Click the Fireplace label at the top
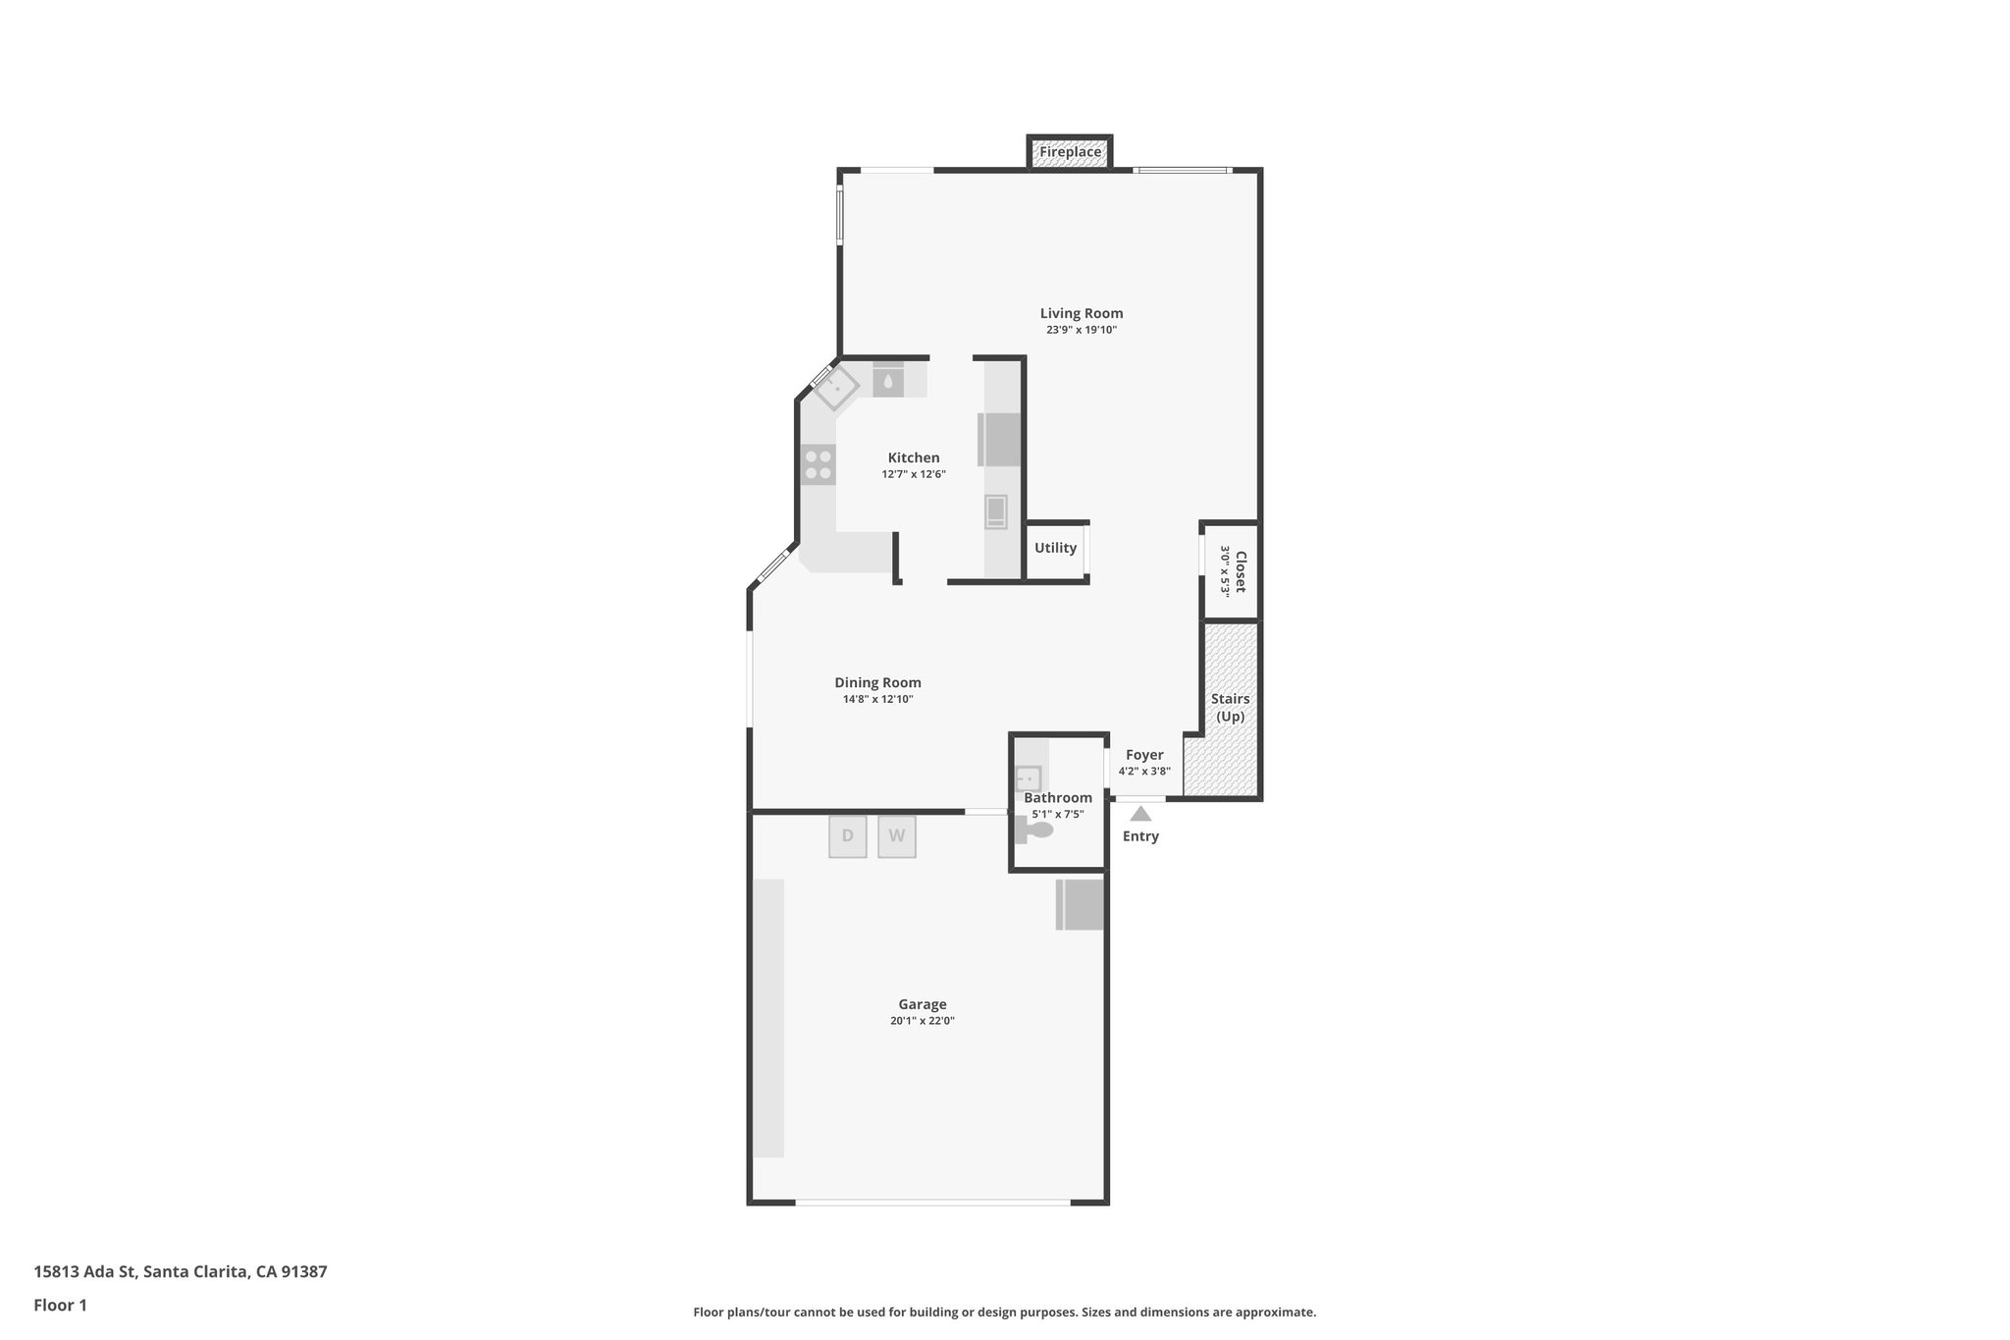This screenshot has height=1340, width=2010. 1070,152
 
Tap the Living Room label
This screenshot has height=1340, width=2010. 1082,313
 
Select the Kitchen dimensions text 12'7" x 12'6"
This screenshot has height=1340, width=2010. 913,474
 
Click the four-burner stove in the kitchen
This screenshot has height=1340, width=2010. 819,464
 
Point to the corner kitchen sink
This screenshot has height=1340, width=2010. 836,387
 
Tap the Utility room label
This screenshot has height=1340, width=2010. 1055,548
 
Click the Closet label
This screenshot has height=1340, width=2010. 1240,571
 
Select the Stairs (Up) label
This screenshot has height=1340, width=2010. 1230,707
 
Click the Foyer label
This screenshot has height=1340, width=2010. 1144,755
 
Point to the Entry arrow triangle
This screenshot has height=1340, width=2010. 1140,814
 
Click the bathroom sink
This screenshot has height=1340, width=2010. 1028,779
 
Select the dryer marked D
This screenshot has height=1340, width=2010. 848,836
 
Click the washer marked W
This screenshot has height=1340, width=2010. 896,836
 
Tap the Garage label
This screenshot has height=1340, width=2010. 923,1004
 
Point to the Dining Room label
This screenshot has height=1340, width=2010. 877,682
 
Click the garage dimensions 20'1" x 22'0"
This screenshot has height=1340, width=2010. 923,1021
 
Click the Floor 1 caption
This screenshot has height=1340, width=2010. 60,1305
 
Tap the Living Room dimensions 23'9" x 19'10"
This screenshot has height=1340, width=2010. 1082,330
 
